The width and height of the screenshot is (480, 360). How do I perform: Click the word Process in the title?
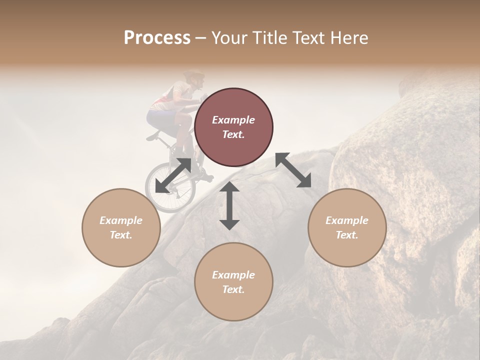(x=157, y=38)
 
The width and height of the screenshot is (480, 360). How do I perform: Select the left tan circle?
(x=121, y=227)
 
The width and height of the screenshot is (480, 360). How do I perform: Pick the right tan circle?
(x=347, y=227)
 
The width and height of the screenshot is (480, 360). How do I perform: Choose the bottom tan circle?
(x=233, y=282)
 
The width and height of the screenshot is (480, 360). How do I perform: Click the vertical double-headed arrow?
(x=229, y=205)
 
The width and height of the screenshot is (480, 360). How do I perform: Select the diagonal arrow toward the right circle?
(x=293, y=170)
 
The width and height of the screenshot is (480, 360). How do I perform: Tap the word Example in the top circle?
(x=233, y=120)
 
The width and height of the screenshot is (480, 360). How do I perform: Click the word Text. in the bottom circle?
(x=233, y=289)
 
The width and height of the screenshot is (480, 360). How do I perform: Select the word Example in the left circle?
(x=121, y=220)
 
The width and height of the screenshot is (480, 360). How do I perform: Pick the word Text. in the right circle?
(x=347, y=235)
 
